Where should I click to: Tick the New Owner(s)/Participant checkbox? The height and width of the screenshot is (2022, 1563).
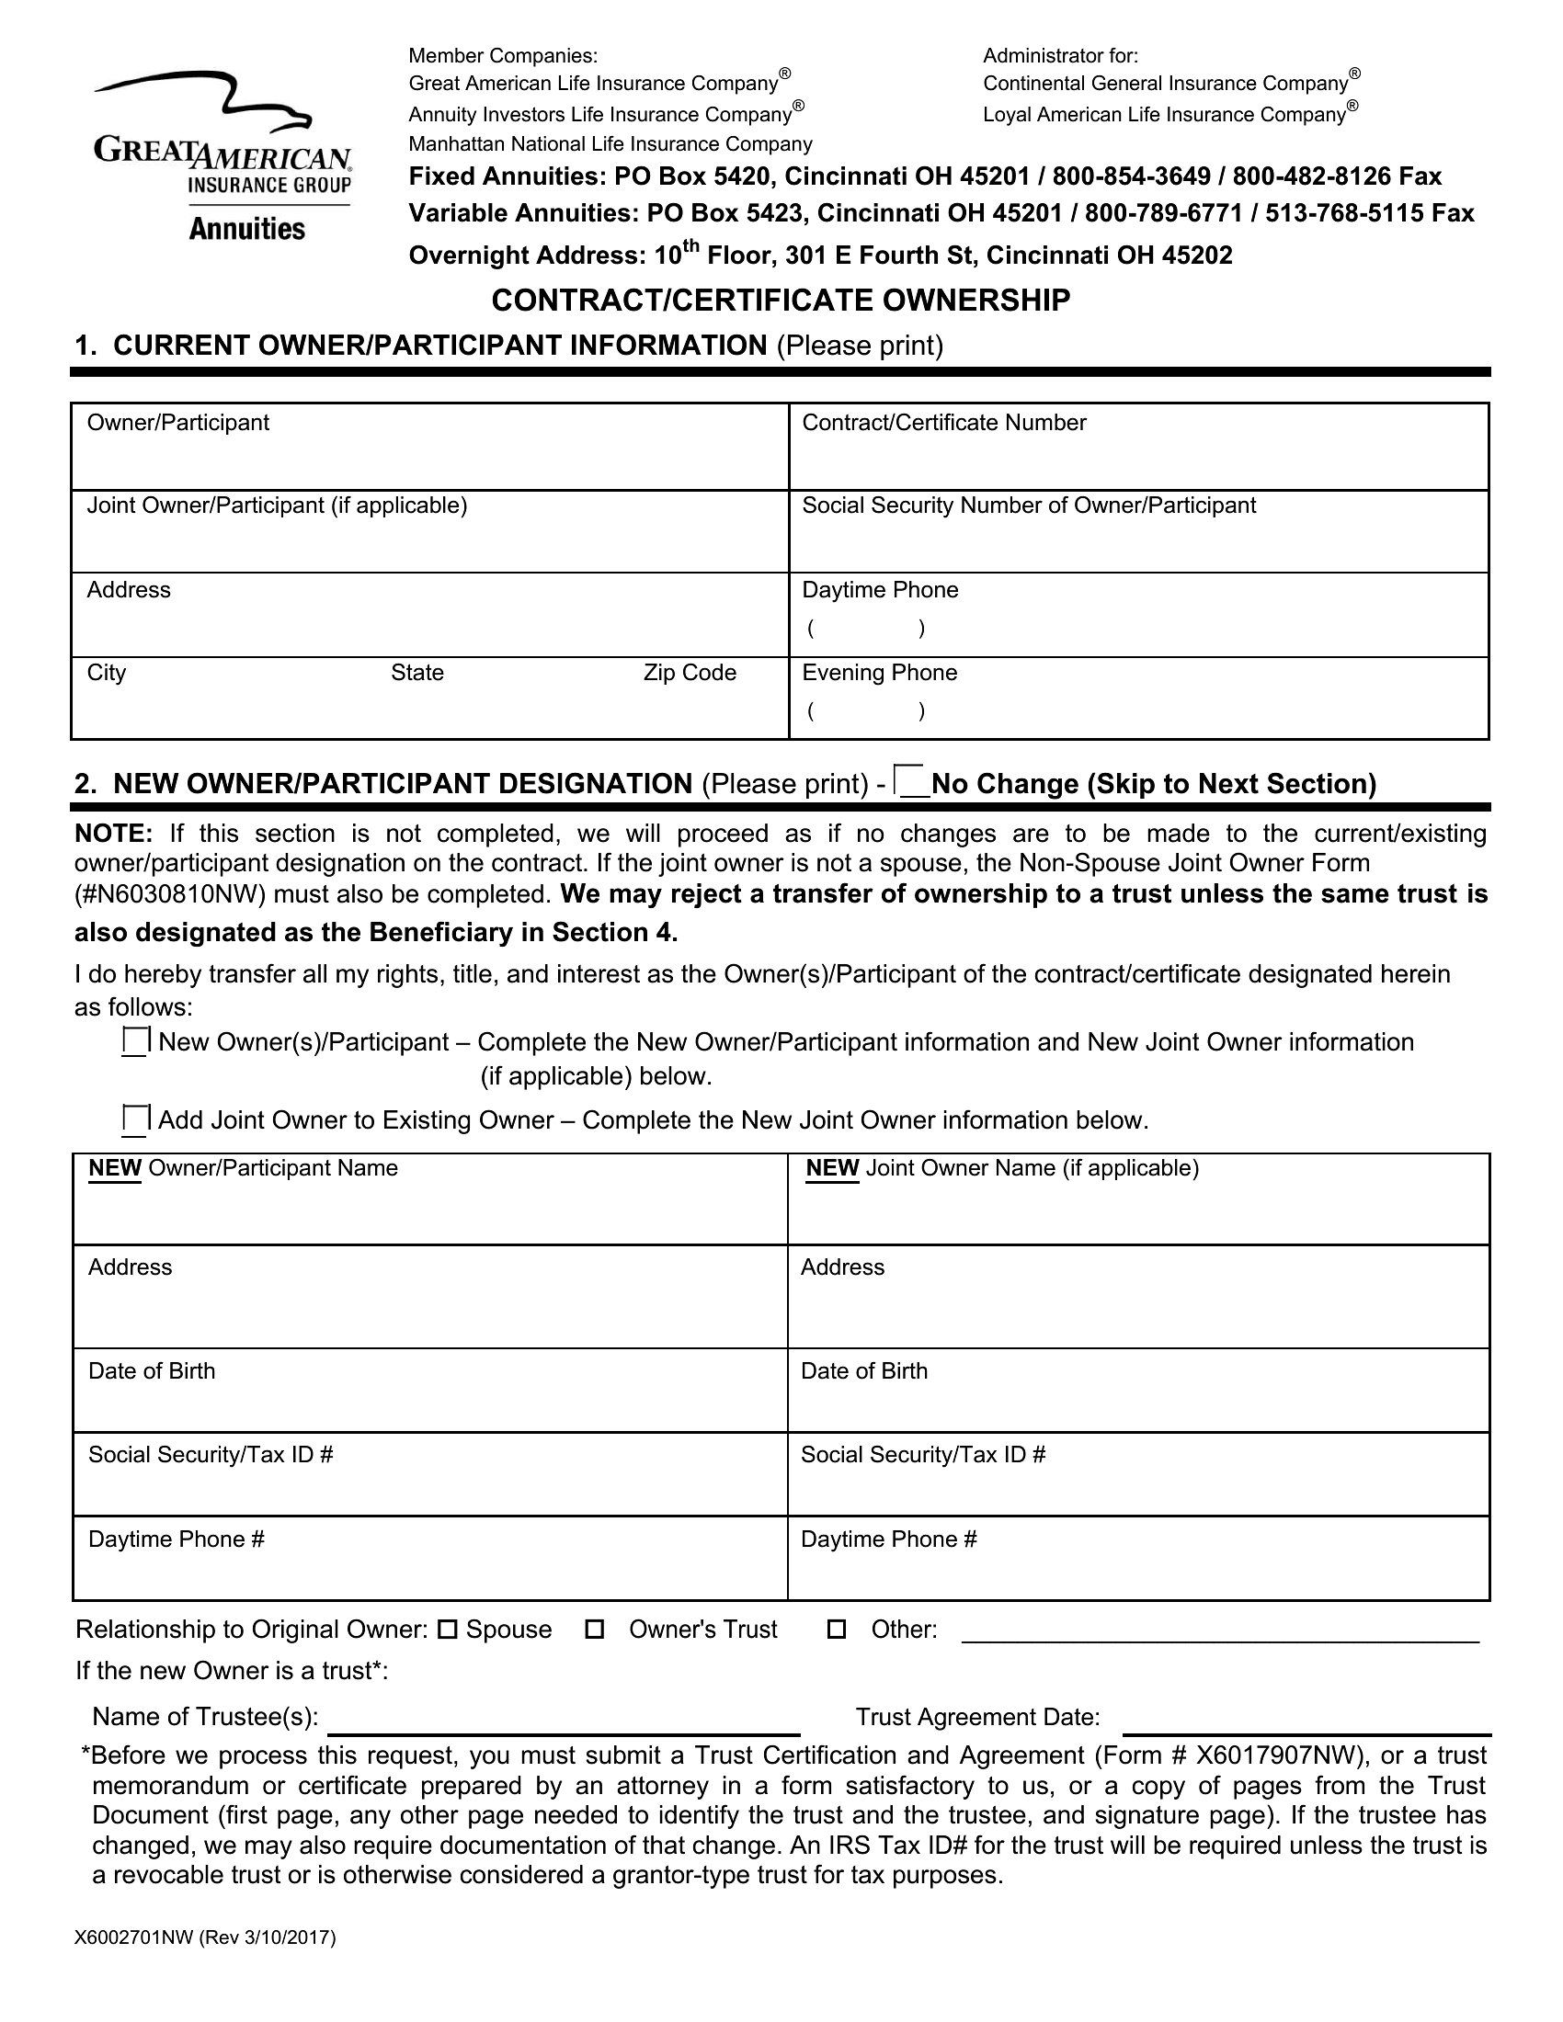point(135,1041)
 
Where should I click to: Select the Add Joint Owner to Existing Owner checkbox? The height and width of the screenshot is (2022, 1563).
point(135,1119)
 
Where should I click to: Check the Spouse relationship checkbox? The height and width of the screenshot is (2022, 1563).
point(448,1630)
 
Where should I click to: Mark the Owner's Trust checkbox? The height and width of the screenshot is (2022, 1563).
point(596,1630)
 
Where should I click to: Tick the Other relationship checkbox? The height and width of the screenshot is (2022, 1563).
point(836,1630)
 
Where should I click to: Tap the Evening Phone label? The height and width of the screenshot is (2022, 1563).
point(879,672)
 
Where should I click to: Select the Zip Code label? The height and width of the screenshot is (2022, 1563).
point(690,672)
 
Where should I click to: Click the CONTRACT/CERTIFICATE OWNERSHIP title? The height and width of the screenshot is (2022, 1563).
point(781,300)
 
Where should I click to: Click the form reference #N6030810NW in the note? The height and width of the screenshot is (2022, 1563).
point(171,894)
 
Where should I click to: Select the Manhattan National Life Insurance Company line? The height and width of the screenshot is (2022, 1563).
point(610,144)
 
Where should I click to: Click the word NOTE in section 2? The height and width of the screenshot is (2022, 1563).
point(113,834)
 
